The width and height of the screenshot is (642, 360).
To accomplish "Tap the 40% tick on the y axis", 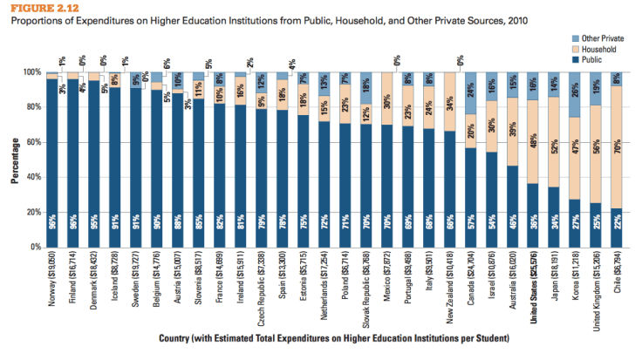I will point(33,177).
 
